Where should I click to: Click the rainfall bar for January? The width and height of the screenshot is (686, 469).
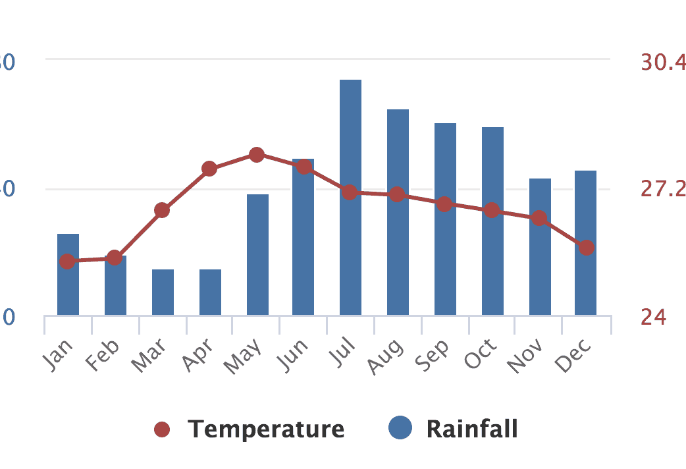point(68,290)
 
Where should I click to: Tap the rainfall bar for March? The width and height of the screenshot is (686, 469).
point(163,292)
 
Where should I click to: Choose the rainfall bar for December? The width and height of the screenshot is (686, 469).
point(585,283)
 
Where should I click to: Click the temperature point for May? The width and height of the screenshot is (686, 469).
point(257,155)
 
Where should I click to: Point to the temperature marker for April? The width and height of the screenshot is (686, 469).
point(209,169)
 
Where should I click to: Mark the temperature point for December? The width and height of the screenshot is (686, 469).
point(587,247)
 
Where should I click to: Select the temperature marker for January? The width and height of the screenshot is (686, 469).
point(67,262)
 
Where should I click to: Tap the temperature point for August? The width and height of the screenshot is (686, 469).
point(397,194)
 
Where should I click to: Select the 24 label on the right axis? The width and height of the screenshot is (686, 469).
point(653,317)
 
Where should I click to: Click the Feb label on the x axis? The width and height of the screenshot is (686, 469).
point(104,356)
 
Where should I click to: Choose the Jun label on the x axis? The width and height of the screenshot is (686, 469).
point(293,356)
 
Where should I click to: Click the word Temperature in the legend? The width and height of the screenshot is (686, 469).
point(266,429)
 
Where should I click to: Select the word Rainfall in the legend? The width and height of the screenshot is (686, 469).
point(472,429)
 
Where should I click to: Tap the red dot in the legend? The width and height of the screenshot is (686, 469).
point(162,430)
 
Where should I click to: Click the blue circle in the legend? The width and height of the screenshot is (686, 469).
point(400,429)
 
